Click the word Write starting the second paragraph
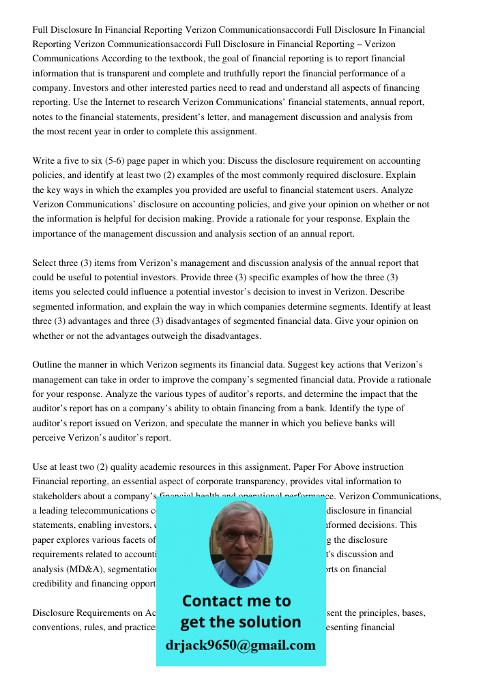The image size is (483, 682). click(46, 161)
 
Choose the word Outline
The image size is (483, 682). click(48, 365)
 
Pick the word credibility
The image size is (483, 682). click(57, 584)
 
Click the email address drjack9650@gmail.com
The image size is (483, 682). click(240, 645)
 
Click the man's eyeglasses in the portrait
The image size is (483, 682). click(239, 536)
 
